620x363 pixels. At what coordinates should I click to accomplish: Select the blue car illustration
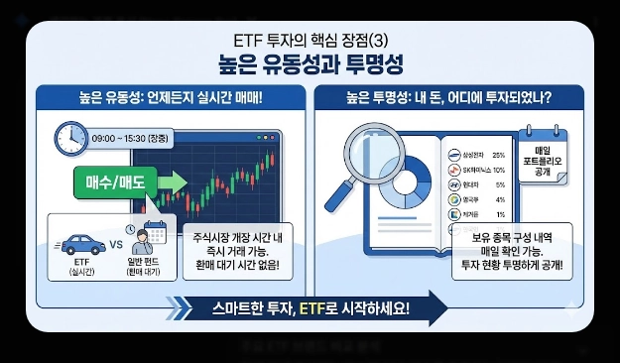point(78,242)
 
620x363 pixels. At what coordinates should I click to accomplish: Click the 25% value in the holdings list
point(498,156)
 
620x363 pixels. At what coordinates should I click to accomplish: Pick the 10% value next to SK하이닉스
point(498,171)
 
